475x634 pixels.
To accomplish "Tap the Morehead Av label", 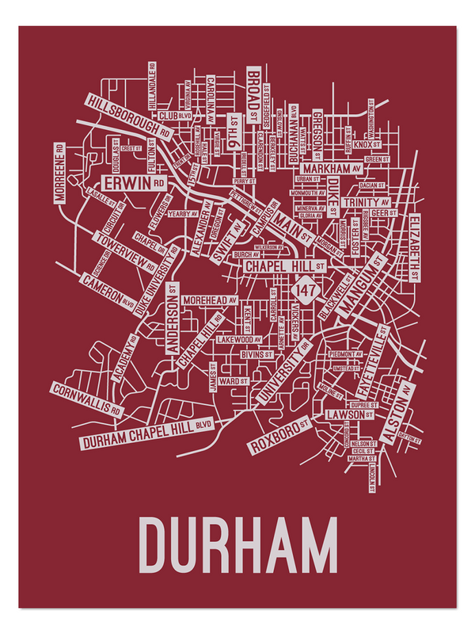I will click(210, 301).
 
